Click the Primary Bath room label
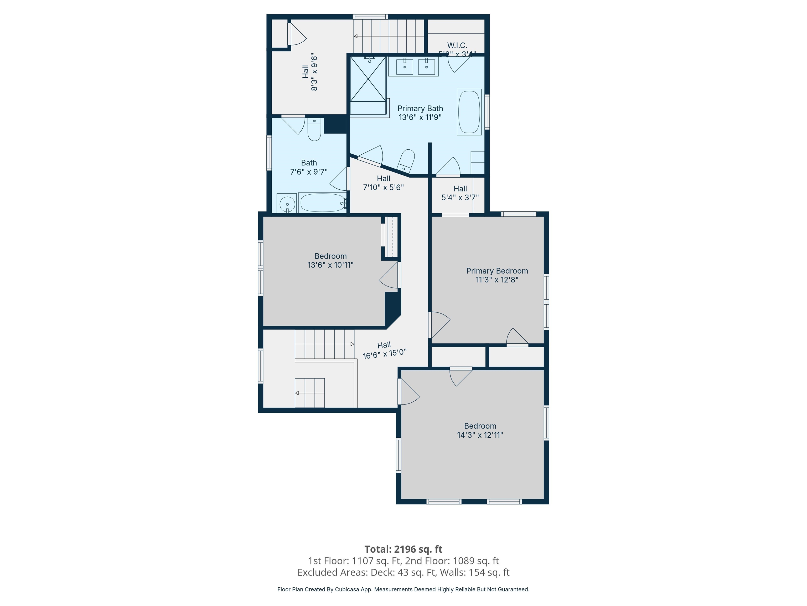point(420,108)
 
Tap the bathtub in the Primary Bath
point(469,112)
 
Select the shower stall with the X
point(368,79)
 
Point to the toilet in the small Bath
point(314,130)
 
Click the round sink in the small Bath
point(287,204)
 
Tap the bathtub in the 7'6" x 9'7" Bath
point(322,203)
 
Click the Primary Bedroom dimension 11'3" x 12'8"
point(497,280)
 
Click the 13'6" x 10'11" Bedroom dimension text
point(330,265)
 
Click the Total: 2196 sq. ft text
point(403,549)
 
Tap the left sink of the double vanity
point(405,67)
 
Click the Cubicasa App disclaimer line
point(403,589)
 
